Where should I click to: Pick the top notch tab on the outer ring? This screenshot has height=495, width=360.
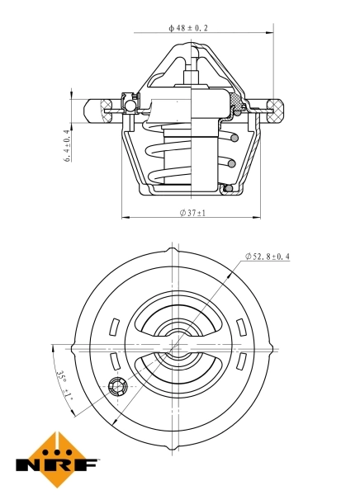pyautogui.click(x=171, y=248)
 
